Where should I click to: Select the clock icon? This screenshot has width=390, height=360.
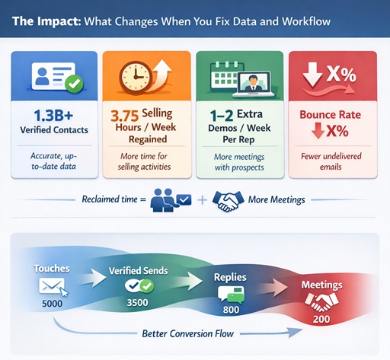[x=135, y=76]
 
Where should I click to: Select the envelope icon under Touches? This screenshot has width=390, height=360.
[x=50, y=287]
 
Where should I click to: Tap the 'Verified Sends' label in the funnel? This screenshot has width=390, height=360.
[x=140, y=270]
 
